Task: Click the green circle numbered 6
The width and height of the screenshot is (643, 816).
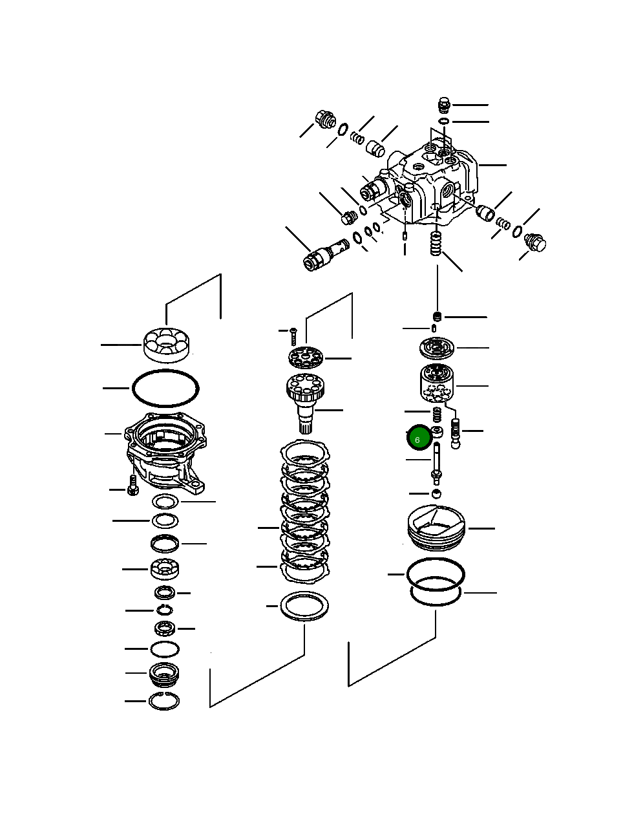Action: [418, 439]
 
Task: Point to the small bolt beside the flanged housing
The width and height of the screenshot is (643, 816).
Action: [132, 486]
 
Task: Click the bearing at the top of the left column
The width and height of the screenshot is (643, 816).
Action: [166, 345]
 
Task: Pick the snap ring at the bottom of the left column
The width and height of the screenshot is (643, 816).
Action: [163, 700]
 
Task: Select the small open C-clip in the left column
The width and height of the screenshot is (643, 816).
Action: [163, 610]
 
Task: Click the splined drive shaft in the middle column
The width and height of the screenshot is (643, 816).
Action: [307, 401]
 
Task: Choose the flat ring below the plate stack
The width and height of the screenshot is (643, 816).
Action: [304, 607]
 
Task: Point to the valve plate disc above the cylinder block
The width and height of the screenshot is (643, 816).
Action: [437, 348]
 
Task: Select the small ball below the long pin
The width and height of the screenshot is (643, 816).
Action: [437, 494]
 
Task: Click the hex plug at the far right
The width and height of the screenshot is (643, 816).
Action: [536, 242]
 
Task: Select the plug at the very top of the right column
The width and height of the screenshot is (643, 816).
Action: [443, 104]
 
